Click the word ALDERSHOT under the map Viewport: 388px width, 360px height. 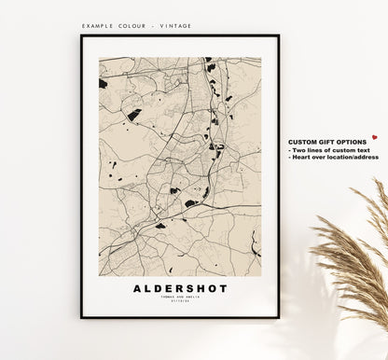pos(180,288)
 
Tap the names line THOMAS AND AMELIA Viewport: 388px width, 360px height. pos(180,298)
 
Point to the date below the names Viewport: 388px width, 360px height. pos(180,303)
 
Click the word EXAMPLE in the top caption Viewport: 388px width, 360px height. pos(97,26)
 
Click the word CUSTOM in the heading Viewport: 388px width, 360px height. pos(302,141)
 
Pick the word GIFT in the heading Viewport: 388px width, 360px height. pos(326,141)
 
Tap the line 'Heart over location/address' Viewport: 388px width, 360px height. pos(334,157)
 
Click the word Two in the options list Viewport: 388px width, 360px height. pos(298,149)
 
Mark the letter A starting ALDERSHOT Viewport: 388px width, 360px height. pos(137,288)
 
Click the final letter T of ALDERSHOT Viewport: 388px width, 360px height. pos(223,288)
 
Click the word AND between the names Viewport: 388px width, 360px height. pos(179,298)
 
